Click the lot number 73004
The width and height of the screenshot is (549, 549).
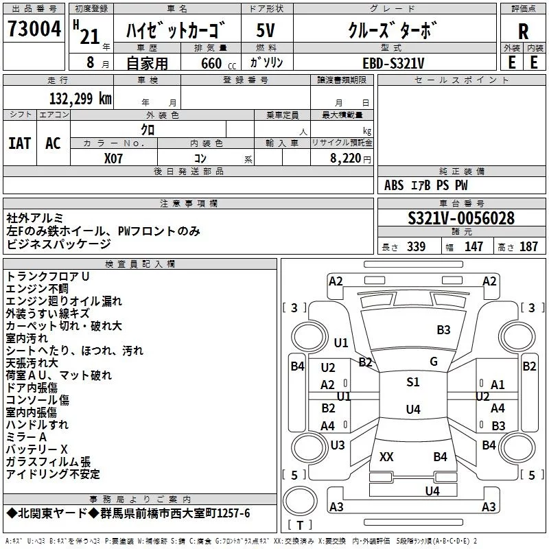[x=34, y=29]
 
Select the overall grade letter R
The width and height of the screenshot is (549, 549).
[x=523, y=32]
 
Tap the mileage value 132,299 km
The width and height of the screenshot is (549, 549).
[x=80, y=99]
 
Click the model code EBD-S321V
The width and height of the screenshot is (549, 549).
[x=393, y=63]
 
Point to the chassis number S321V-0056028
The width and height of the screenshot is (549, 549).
[x=461, y=218]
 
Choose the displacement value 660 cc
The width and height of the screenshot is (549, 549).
[x=218, y=63]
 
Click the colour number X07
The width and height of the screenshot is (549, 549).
[x=113, y=159]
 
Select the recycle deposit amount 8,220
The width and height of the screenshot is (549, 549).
[x=346, y=159]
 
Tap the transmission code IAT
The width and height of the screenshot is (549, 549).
[x=20, y=143]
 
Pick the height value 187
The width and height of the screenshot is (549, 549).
[x=528, y=246]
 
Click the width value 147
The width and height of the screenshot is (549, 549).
[x=474, y=246]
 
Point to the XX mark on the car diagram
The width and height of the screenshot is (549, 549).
[x=386, y=456]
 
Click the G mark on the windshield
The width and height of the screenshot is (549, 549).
[x=434, y=362]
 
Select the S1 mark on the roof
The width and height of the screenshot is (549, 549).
[x=413, y=382]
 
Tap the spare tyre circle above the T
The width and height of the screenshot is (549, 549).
[x=300, y=500]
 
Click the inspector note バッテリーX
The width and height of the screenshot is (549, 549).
[x=37, y=449]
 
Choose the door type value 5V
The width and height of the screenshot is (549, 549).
[x=266, y=30]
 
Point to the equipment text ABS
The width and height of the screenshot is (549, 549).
[x=394, y=185]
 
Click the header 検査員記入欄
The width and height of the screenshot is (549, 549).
[x=140, y=264]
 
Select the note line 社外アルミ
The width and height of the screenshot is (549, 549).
[x=35, y=218]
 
